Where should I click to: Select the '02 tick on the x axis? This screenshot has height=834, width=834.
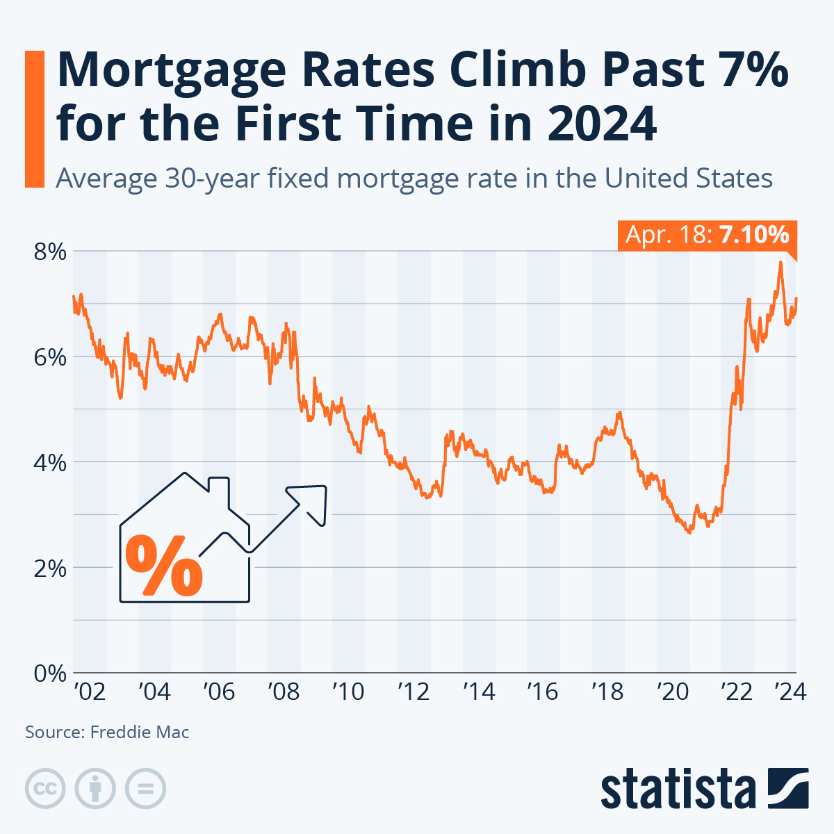(90, 692)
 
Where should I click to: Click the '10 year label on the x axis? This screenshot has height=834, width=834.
(348, 692)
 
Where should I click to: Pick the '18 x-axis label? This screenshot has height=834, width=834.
(607, 692)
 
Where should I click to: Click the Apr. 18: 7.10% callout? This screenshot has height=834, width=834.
(706, 235)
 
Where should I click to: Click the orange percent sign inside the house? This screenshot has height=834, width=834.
(164, 566)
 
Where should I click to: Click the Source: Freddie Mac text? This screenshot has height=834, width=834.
(107, 732)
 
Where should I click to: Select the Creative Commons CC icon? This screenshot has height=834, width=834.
(45, 788)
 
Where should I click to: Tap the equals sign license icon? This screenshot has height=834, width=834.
(145, 788)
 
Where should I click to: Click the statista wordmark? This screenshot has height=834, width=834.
(678, 790)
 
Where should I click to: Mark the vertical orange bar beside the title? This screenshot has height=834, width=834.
(34, 119)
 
